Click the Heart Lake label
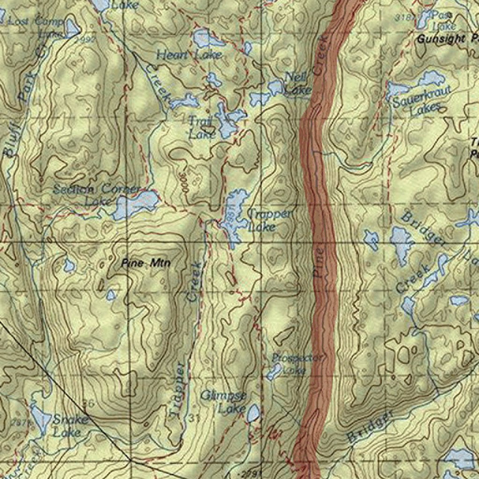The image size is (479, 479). [189, 55]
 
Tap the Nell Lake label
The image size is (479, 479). [297, 83]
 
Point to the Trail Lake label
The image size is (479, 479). [202, 128]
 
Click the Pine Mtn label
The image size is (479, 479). [145, 263]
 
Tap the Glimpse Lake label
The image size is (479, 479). [224, 402]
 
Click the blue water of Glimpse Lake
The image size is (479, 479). [253, 413]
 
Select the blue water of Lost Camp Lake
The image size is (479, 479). [72, 28]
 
